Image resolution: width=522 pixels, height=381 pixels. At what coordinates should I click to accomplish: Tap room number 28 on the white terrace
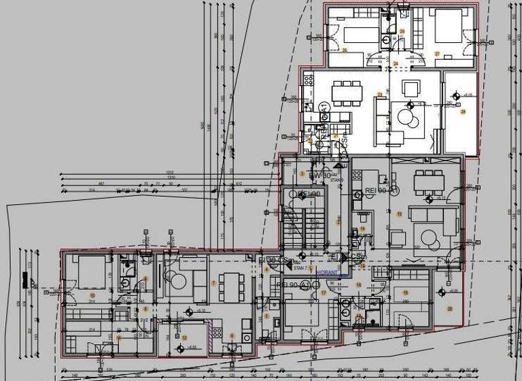[x=463, y=112]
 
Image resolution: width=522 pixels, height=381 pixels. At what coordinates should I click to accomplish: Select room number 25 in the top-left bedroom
[x=345, y=50]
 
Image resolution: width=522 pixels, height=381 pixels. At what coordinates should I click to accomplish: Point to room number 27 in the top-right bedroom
[x=438, y=53]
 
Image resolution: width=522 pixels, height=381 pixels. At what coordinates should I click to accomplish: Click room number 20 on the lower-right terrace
[x=449, y=308]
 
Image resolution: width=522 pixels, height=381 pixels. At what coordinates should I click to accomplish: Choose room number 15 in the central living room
[x=400, y=215]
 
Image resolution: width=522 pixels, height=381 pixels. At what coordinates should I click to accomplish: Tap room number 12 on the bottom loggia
[x=184, y=337]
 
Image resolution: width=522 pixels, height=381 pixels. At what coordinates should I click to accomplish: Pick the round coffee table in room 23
[x=408, y=117]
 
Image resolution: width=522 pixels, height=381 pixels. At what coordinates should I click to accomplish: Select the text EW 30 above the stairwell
[x=320, y=176]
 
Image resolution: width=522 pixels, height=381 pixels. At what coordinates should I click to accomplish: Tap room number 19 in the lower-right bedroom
[x=405, y=293]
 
